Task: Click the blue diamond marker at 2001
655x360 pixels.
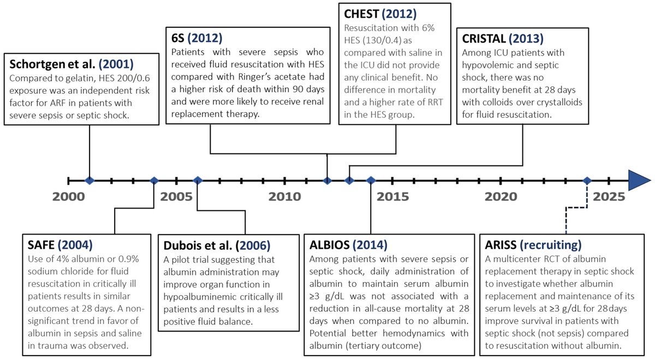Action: click(89, 180)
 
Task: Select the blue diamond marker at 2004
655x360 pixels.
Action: click(154, 180)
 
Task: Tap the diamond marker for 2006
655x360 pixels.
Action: click(198, 180)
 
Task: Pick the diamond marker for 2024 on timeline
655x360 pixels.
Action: click(587, 180)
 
